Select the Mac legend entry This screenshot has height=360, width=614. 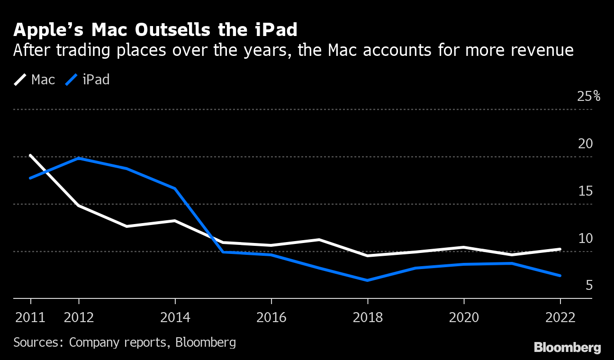[x=35, y=80]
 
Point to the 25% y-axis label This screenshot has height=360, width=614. [x=588, y=97]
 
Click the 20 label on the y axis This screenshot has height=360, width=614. [x=586, y=144]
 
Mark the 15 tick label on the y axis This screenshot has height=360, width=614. [x=586, y=191]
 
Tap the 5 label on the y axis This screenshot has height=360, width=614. [x=589, y=286]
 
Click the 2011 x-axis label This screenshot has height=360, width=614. [x=30, y=317]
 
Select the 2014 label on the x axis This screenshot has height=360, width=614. [x=175, y=317]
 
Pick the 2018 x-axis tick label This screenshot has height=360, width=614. [x=368, y=317]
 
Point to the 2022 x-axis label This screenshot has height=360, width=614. [x=560, y=317]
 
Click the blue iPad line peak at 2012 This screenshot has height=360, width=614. [x=79, y=158]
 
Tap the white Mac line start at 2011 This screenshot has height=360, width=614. [x=31, y=155]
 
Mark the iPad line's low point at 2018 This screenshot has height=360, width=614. [x=368, y=280]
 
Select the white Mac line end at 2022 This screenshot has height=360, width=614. [x=560, y=249]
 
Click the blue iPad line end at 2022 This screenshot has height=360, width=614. [x=560, y=275]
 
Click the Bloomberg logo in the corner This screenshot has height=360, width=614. [x=567, y=348]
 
